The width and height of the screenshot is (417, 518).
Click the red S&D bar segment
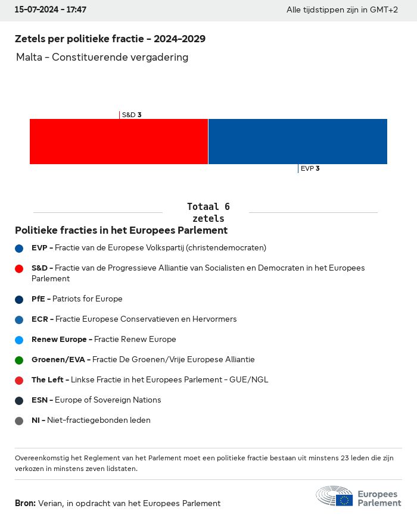[x=119, y=142]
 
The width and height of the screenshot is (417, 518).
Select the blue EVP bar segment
[x=297, y=142]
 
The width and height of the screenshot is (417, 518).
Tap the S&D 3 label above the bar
[x=131, y=115]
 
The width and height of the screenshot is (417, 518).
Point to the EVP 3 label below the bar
[x=310, y=168]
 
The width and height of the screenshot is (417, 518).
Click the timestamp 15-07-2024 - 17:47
[x=51, y=10]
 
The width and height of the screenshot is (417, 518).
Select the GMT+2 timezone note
[x=342, y=10]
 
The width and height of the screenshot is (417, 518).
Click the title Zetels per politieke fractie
[x=110, y=39]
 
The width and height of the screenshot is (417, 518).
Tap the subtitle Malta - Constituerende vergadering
[x=102, y=57]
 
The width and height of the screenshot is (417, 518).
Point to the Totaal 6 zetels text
[x=208, y=212]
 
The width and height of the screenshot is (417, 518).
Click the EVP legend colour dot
[x=19, y=248]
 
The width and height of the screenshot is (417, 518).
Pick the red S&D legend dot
[x=19, y=268]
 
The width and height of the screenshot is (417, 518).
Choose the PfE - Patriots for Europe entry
[x=77, y=299]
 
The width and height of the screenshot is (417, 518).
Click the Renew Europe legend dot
[x=19, y=340]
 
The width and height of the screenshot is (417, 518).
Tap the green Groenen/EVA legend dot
[x=19, y=360]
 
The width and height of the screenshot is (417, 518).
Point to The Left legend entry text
[x=150, y=379]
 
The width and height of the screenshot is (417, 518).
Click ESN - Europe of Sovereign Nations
[x=96, y=400]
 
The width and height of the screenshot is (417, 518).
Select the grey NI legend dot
[x=19, y=420]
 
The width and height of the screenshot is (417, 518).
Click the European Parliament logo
[x=359, y=497]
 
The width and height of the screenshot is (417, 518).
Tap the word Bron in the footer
[x=25, y=503]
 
